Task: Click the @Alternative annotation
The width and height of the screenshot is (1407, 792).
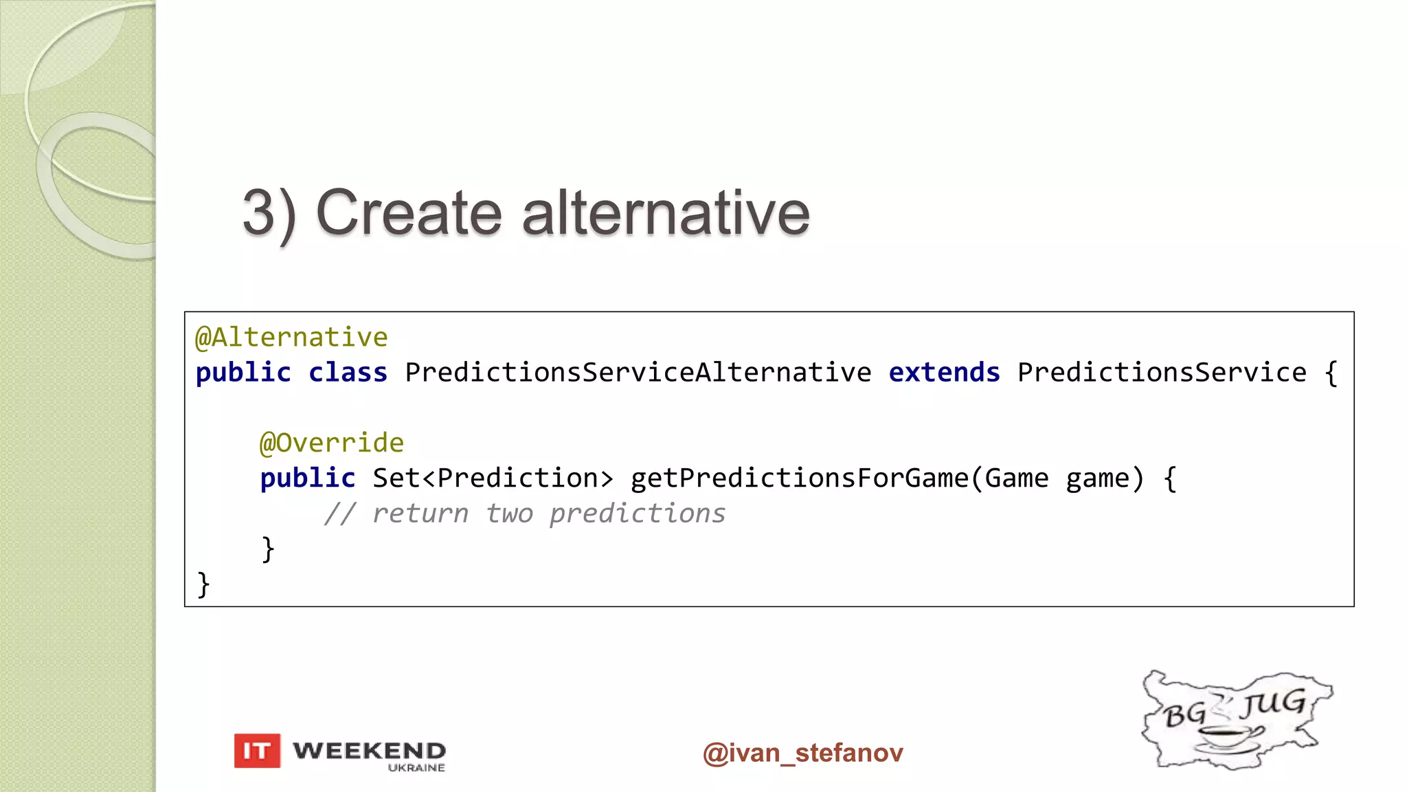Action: pos(291,338)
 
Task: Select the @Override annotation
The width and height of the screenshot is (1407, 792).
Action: pos(332,443)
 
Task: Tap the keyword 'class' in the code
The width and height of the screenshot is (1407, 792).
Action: pos(348,373)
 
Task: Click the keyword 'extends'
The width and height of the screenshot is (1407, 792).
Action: pos(944,373)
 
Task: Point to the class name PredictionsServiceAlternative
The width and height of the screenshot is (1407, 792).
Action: pos(638,373)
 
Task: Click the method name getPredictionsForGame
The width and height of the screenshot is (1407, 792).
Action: pos(799,478)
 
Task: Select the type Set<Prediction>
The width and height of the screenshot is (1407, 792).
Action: pos(493,478)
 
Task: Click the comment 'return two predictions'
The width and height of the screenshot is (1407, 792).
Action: pos(548,514)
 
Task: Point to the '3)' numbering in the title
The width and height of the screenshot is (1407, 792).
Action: pos(269,214)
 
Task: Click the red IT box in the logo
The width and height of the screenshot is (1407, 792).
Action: pos(257,751)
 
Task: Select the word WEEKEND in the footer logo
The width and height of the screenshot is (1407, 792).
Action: pos(369,750)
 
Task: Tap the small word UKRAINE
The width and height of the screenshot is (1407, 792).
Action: pos(416,768)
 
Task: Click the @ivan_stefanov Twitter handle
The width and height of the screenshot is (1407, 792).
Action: pos(802,753)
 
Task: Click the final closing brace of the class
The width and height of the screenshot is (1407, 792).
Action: pos(203,584)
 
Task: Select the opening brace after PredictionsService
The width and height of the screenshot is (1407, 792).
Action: pos(1331,373)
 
